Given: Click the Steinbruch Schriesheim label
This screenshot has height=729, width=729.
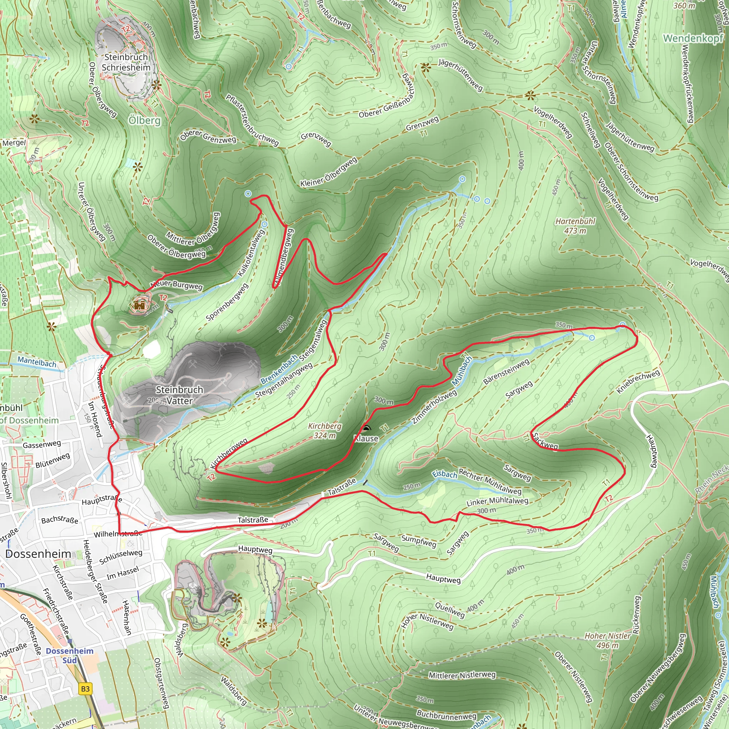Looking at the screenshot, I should [126, 62].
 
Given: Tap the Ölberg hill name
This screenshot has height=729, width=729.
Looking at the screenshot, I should [145, 120].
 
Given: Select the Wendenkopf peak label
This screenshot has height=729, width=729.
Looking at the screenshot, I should [693, 38].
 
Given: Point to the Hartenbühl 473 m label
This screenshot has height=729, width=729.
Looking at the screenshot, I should [575, 226].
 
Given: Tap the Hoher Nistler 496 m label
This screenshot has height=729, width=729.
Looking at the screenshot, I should [608, 640].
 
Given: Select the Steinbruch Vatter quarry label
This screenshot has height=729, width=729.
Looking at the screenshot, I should [179, 395].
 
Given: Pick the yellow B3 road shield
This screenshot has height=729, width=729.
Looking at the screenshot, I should [86, 689].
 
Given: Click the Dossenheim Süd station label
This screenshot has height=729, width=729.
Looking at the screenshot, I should [69, 655].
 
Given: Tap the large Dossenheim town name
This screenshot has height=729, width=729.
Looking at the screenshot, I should [38, 554].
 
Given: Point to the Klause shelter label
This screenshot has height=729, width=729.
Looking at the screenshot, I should [366, 439].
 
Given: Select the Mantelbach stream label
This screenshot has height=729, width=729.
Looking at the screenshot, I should [37, 362].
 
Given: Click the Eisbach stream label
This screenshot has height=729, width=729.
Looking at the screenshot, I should [445, 474].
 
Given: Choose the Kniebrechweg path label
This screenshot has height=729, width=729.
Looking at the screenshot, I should [638, 382].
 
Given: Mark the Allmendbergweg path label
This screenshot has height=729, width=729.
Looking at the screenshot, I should [284, 257].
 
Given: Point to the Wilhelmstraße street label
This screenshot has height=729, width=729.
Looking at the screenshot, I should [118, 534].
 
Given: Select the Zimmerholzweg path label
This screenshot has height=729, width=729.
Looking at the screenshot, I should [434, 407].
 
